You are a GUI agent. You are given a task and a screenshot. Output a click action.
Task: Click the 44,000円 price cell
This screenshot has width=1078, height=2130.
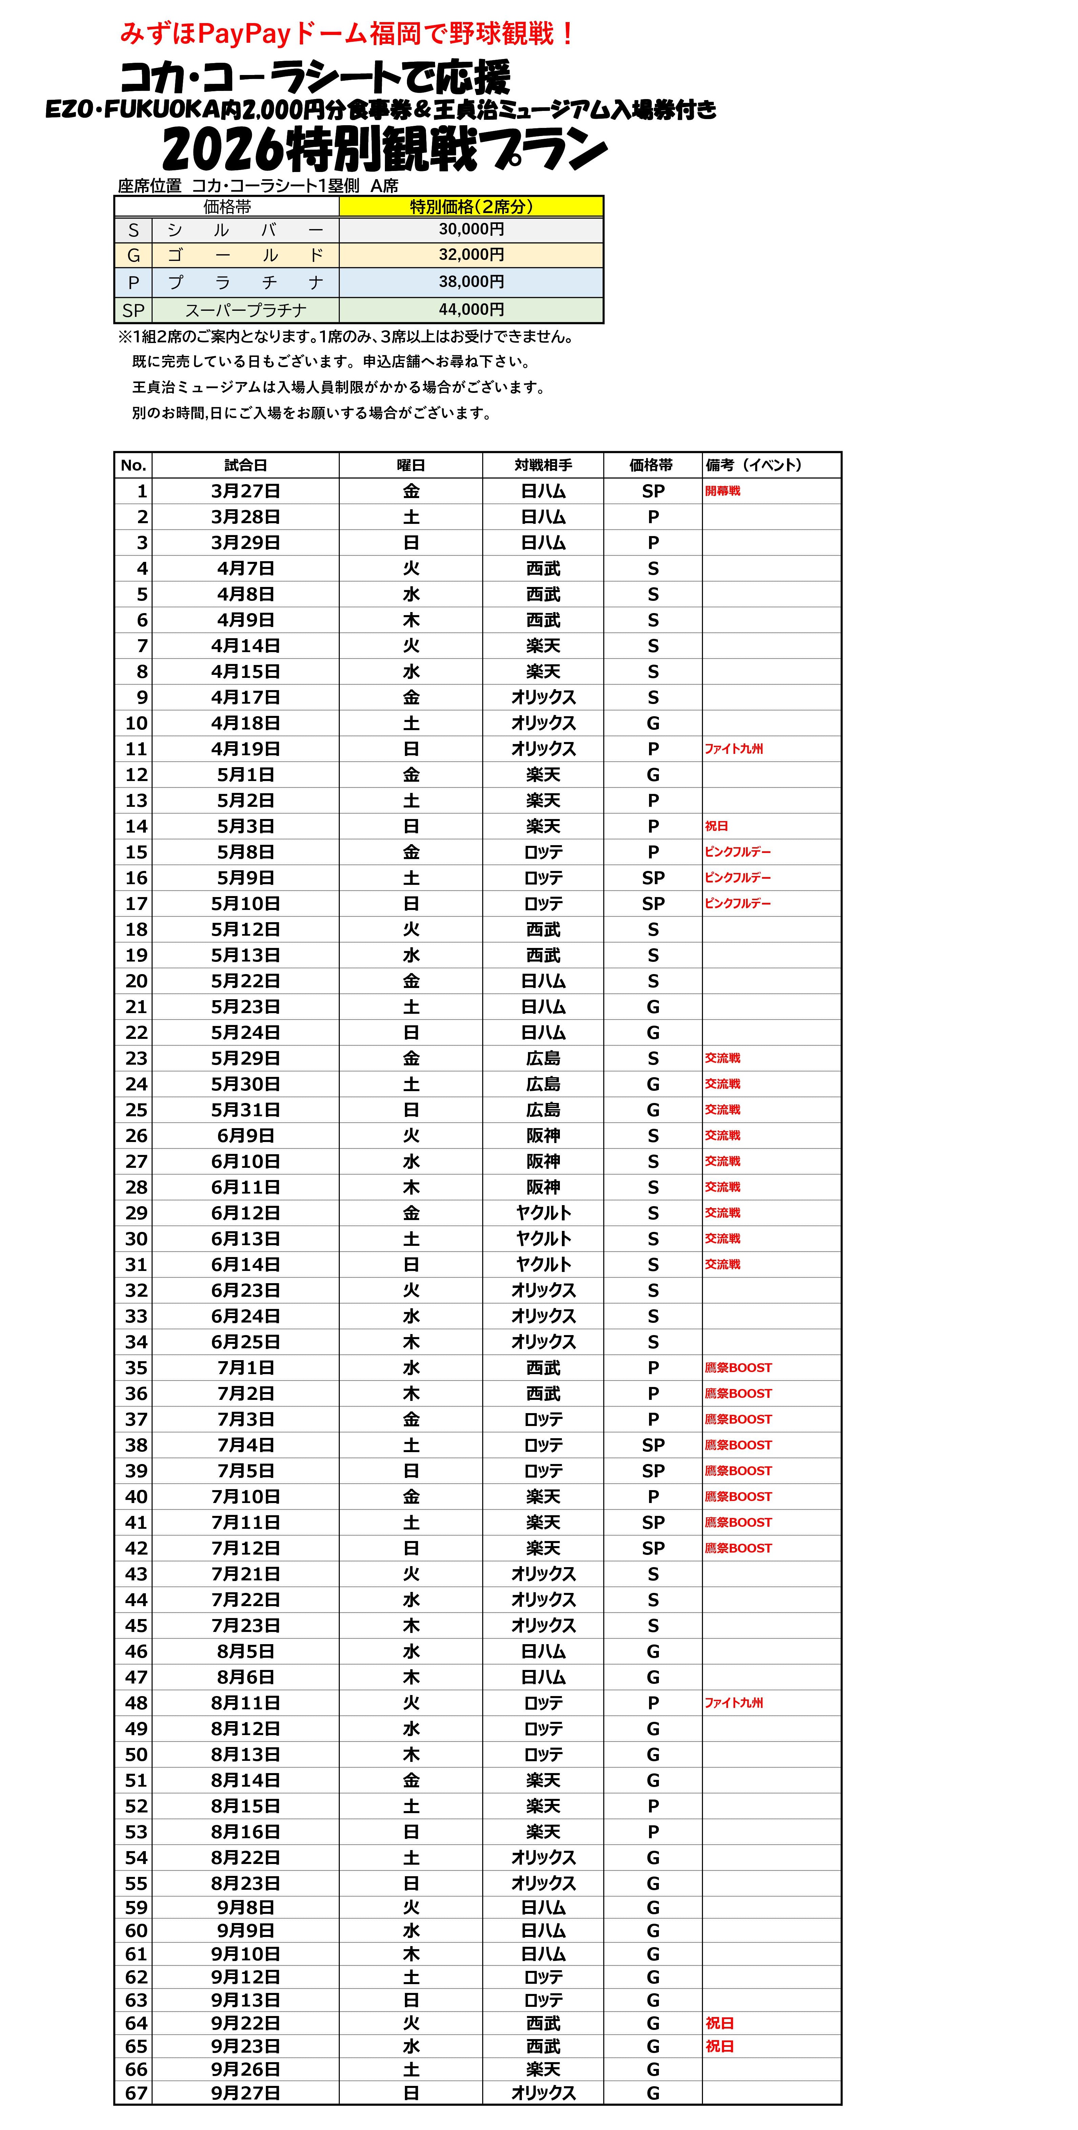click(471, 309)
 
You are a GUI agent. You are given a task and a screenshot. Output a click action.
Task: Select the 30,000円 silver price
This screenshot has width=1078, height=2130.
click(471, 229)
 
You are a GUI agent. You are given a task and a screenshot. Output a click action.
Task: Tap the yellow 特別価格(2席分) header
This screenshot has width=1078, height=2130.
click(471, 207)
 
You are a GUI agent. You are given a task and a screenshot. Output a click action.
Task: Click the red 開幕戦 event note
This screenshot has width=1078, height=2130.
click(723, 491)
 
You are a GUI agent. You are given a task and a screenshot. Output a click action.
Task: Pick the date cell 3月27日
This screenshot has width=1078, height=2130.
click(246, 491)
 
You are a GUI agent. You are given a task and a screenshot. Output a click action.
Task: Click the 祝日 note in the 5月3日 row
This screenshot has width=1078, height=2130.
click(717, 826)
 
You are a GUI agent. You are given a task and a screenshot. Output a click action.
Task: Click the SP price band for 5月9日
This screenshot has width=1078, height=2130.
click(653, 878)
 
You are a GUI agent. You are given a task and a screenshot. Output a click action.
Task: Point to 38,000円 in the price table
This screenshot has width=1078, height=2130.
click(471, 282)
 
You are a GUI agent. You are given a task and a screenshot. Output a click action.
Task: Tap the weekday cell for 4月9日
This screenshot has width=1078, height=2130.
click(411, 620)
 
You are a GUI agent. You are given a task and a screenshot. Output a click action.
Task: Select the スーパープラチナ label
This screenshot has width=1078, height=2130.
click(246, 310)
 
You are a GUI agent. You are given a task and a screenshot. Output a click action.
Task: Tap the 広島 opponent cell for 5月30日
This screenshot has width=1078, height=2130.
click(543, 1084)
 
